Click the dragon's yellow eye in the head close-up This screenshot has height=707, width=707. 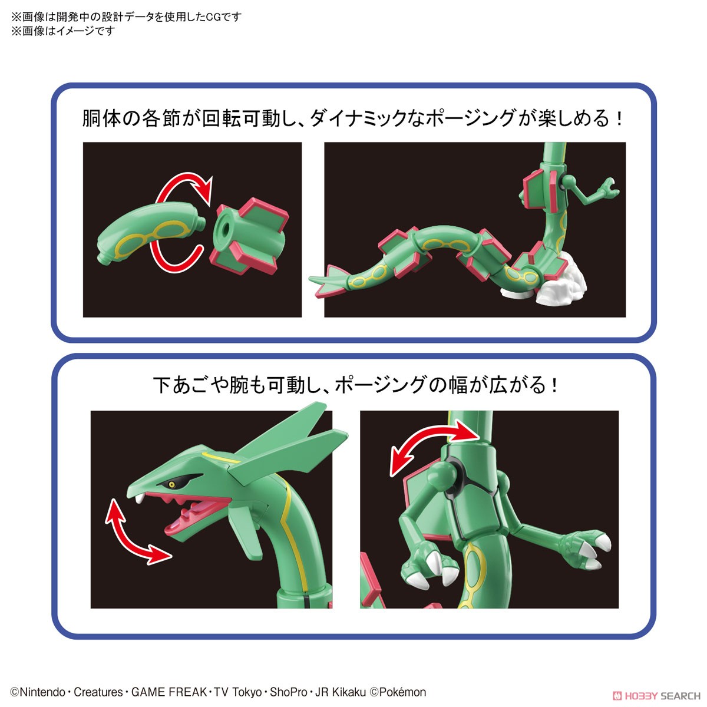[x=171, y=485]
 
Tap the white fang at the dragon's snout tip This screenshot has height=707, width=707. [x=140, y=498]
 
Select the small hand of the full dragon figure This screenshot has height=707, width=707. [x=605, y=190]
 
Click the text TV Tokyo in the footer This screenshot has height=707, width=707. [x=237, y=692]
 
